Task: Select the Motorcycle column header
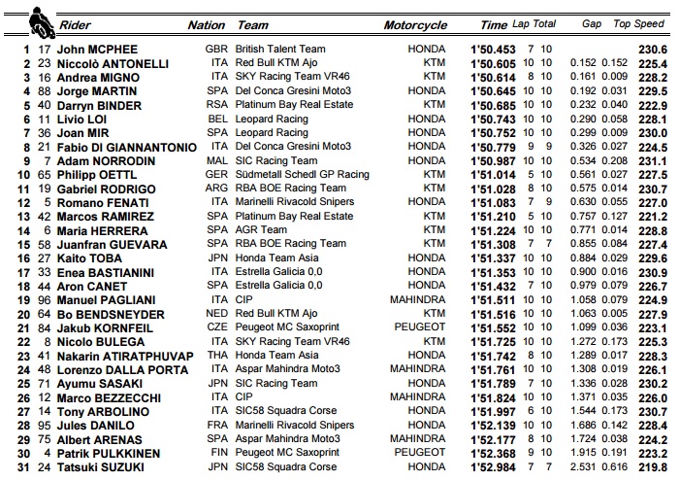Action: click(x=415, y=24)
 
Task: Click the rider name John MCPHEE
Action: click(x=97, y=50)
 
